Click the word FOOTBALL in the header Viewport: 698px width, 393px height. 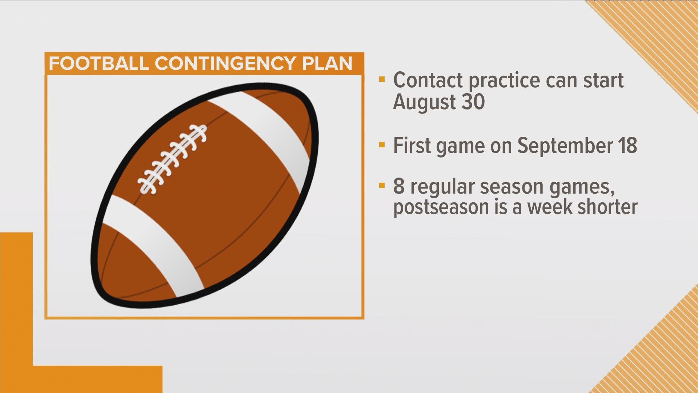point(99,64)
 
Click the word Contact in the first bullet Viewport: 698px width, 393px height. point(428,80)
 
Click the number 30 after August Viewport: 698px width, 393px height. point(473,102)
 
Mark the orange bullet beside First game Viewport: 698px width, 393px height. point(381,145)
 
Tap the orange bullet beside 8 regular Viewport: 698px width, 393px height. point(381,186)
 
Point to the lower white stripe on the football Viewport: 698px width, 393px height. point(153,246)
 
